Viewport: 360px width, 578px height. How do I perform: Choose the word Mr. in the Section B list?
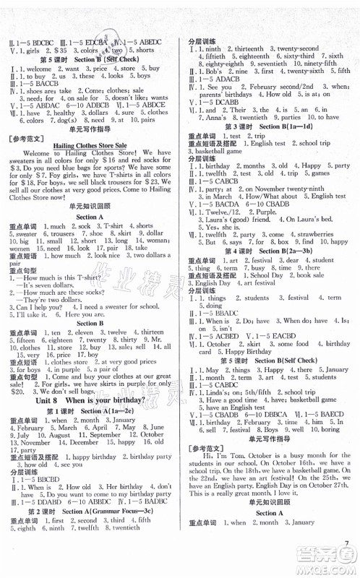click(x=158, y=339)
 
